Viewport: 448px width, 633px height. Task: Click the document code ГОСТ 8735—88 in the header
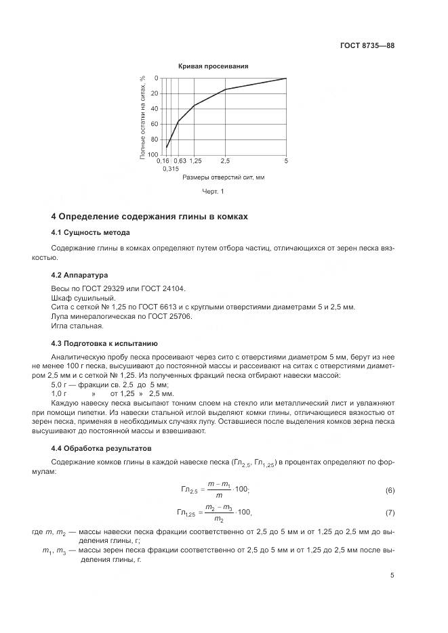click(x=367, y=46)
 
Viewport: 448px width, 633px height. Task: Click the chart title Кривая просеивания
click(x=213, y=66)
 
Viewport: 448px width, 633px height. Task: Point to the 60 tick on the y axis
click(x=154, y=124)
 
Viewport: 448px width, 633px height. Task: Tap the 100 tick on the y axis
click(x=152, y=155)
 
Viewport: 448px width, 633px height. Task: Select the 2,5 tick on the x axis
click(x=225, y=161)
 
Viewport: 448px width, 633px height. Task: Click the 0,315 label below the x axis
click(x=170, y=169)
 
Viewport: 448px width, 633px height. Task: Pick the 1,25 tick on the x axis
click(x=195, y=161)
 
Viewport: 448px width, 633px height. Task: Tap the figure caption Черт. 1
click(x=213, y=192)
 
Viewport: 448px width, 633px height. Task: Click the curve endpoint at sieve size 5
click(x=286, y=79)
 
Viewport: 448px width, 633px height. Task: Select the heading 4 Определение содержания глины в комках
click(x=150, y=217)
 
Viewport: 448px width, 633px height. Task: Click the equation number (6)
click(x=389, y=490)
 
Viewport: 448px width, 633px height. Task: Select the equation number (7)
click(x=389, y=512)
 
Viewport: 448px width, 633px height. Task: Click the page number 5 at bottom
click(x=392, y=575)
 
